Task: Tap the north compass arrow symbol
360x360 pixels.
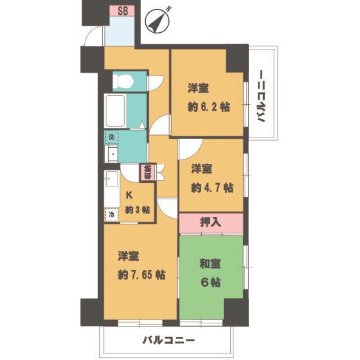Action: [x=157, y=21]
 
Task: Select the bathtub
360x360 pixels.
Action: [x=116, y=111]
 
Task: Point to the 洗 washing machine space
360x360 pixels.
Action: [x=112, y=138]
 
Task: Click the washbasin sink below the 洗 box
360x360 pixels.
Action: [x=112, y=154]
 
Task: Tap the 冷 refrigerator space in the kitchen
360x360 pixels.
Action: [x=112, y=215]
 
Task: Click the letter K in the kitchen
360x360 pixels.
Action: [x=129, y=195]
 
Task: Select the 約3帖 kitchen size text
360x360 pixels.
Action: [x=137, y=210]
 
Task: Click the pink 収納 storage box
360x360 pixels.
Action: [x=148, y=172]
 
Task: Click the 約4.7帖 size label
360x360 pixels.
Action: [x=212, y=188]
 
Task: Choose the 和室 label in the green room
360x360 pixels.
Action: [x=210, y=264]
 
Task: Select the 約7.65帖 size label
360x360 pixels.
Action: [x=141, y=274]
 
